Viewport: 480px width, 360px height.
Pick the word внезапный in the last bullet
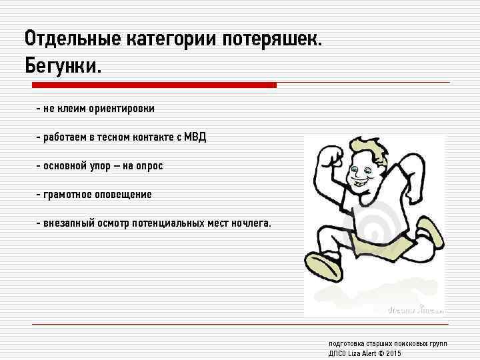point(67,223)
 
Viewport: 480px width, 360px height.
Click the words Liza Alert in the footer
point(363,353)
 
